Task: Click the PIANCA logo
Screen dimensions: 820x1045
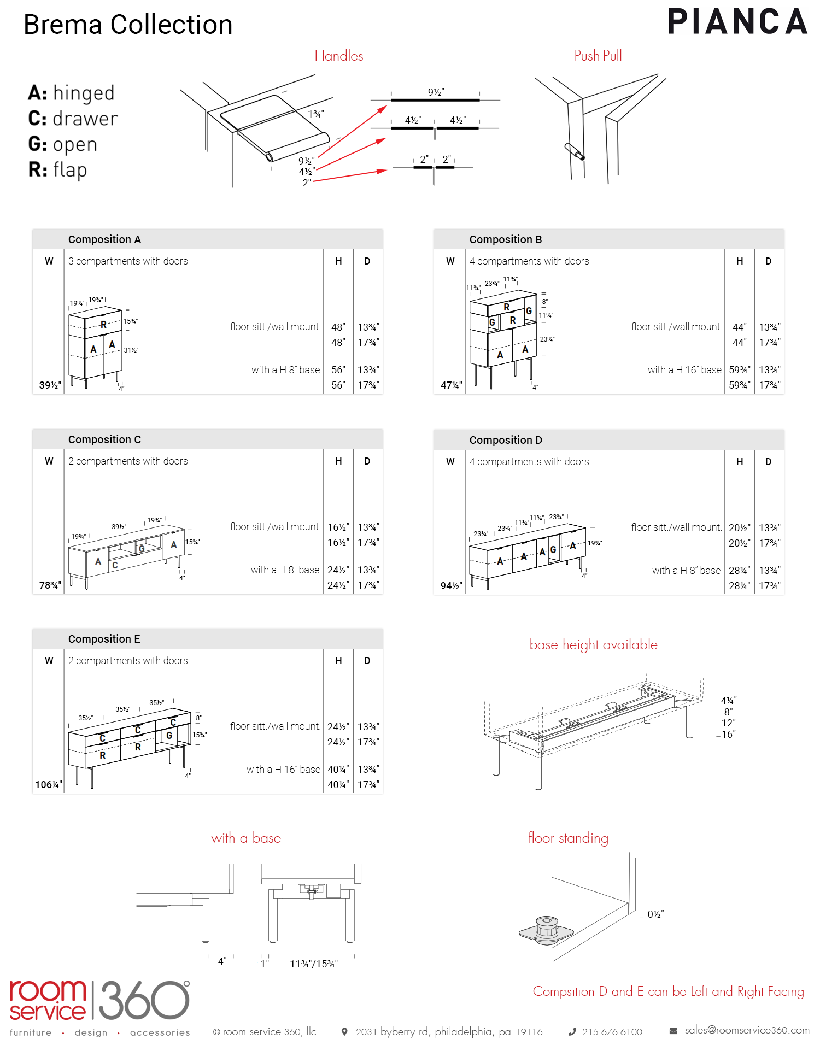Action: [x=737, y=22]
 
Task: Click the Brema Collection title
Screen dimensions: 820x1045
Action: [x=128, y=25]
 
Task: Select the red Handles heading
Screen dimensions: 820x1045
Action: [x=339, y=56]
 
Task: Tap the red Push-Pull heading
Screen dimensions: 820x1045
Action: [x=598, y=56]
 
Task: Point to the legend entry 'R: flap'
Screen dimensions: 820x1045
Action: [x=57, y=170]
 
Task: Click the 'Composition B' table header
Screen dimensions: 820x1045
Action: [x=506, y=239]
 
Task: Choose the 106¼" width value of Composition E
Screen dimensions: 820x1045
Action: [x=49, y=785]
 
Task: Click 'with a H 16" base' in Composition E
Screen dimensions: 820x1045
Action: [x=283, y=770]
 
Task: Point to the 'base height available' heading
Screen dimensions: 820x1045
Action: [x=593, y=645]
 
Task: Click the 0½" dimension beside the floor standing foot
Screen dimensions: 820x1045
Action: [x=655, y=914]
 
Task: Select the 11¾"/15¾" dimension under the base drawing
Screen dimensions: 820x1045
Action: [x=314, y=964]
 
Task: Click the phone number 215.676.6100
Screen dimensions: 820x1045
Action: [x=612, y=1032]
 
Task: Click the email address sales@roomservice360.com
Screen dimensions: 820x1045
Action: [x=747, y=1030]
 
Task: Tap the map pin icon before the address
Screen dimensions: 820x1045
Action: [x=344, y=1032]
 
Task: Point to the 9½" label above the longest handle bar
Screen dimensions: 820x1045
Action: [x=436, y=92]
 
